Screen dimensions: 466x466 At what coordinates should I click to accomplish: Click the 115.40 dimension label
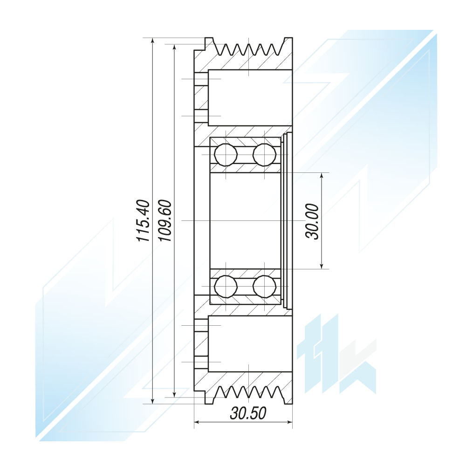tap(143, 220)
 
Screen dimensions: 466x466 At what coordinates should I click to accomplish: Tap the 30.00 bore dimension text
tap(312, 221)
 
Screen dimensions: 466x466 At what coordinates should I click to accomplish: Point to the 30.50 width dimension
tap(248, 413)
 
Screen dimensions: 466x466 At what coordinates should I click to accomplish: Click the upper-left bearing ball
tap(226, 155)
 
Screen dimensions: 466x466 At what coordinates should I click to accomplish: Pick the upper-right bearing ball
tap(264, 155)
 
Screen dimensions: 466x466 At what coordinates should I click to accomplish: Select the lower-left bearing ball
tap(226, 287)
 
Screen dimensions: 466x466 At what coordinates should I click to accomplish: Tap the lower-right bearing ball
tap(264, 287)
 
